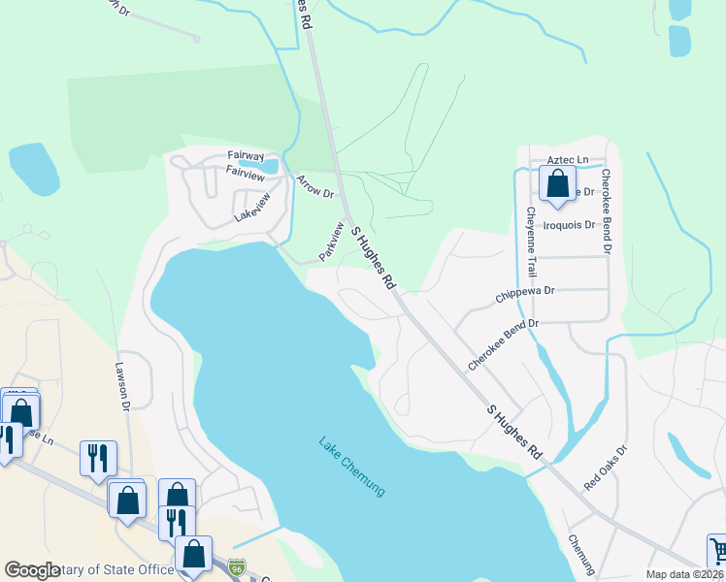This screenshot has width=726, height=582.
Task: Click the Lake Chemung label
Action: (352, 467)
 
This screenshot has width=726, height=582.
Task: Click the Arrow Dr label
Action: (314, 185)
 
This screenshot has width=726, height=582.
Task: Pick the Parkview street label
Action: (332, 242)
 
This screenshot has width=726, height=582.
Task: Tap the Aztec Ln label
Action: (568, 159)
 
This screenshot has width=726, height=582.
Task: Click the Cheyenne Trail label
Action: (531, 241)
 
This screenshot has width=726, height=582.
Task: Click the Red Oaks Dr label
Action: (606, 467)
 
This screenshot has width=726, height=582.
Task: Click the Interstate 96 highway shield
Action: (237, 566)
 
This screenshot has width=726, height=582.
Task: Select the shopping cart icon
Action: (717, 550)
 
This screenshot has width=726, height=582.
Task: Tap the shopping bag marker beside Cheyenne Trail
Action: (557, 183)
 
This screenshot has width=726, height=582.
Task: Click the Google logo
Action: (32, 569)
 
